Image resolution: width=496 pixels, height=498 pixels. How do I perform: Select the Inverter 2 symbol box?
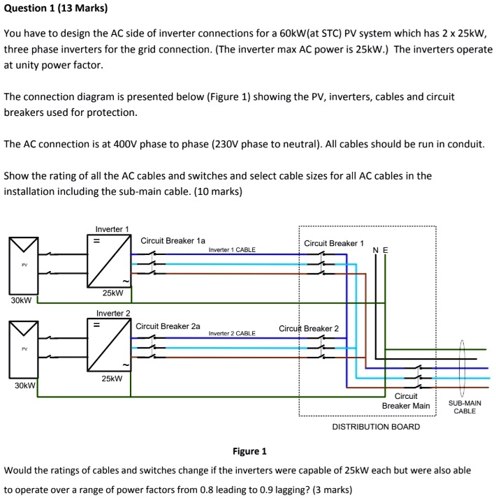point(109,345)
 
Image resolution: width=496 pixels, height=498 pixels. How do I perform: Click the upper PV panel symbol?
point(24,265)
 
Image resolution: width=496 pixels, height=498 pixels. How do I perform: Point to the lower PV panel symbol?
point(24,349)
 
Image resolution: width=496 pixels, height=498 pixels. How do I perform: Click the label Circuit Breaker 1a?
point(173,241)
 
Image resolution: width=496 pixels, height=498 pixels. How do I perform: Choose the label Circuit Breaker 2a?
point(168,326)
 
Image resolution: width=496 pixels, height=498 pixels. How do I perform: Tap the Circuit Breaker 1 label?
point(334,244)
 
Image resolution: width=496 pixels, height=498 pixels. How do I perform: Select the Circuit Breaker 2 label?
point(308,328)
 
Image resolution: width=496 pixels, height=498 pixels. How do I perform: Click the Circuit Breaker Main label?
point(406,401)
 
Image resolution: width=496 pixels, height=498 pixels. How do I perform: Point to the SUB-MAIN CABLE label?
point(464,407)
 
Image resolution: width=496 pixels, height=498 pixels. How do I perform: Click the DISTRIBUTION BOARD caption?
point(376,427)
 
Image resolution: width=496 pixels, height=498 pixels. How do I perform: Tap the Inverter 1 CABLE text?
point(232,249)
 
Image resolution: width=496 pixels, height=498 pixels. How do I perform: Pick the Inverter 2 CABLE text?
point(232,333)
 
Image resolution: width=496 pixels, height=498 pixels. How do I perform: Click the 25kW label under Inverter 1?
point(112,293)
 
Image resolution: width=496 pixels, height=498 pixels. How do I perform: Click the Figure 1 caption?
point(249,451)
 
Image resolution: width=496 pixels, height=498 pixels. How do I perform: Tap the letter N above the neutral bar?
point(376,251)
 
